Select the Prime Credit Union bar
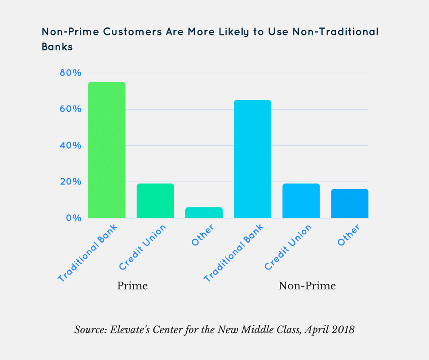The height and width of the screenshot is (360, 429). [156, 201]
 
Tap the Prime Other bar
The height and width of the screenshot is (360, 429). [204, 212]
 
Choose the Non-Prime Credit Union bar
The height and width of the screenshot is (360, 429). [301, 201]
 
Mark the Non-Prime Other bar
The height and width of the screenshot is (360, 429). [350, 203]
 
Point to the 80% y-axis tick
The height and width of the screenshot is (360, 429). [71, 73]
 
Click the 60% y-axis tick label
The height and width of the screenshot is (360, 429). [71, 109]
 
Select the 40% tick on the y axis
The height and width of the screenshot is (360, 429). [71, 146]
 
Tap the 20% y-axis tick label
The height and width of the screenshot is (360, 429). [71, 182]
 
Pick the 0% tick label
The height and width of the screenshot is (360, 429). [73, 218]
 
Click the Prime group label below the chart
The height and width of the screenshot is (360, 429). [132, 286]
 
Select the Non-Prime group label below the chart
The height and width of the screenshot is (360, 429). [307, 286]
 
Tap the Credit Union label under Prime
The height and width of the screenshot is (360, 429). [145, 247]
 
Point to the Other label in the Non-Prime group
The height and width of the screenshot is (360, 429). [348, 236]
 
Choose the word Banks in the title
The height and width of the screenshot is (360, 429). [57, 47]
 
